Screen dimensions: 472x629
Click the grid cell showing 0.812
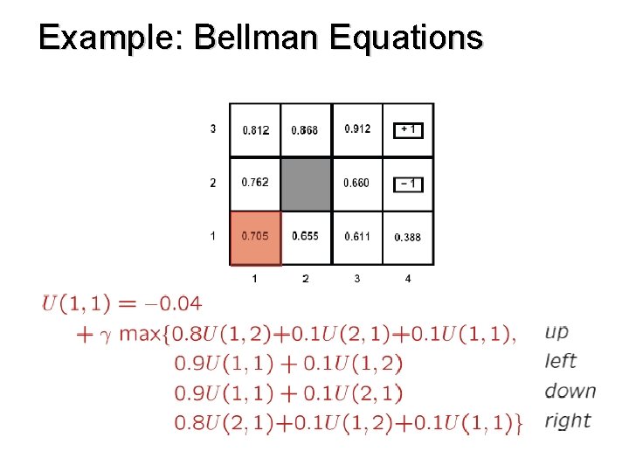255,130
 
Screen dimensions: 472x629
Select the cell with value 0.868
305,130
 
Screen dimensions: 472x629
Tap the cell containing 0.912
357,129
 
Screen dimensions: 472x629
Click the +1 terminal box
408,129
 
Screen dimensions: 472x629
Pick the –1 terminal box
408,184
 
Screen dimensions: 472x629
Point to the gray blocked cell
306,184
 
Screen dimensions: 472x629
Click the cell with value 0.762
255,183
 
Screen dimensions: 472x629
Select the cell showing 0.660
356,184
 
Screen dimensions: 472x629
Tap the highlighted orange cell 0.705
255,236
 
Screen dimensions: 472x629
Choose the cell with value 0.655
305,236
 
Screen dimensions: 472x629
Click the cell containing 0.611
356,237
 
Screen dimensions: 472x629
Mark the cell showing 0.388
408,237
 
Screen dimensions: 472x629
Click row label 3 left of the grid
213,129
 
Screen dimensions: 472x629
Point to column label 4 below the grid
408,279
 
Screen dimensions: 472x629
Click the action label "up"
556,332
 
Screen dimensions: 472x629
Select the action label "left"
560,361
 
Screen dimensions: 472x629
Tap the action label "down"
570,391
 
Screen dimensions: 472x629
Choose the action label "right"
567,420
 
